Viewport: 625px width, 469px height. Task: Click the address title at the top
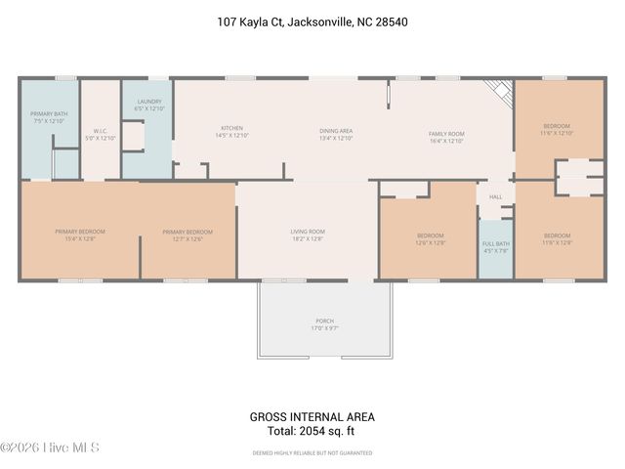point(312,20)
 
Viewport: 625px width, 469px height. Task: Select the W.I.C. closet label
point(101,134)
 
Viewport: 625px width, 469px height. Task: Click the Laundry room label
point(149,105)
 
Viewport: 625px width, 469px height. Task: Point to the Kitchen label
point(231,132)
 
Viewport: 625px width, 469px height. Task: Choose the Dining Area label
point(336,134)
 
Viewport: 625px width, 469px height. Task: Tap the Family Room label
point(446,137)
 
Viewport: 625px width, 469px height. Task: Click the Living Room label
point(308,234)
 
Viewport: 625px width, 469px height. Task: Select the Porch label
point(324,323)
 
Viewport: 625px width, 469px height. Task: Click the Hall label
point(495,196)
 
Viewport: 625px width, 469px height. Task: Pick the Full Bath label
point(495,246)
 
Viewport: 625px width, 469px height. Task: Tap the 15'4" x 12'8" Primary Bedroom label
point(80,234)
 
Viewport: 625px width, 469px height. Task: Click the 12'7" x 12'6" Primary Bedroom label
point(187,234)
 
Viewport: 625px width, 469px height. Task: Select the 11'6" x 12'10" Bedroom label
point(558,130)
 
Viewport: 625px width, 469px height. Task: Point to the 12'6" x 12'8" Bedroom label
point(431,238)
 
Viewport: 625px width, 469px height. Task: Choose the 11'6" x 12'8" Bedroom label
point(558,238)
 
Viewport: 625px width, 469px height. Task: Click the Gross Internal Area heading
point(312,417)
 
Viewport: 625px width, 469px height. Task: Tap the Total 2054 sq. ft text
point(312,431)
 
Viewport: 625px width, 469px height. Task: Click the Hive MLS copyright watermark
point(50,448)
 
